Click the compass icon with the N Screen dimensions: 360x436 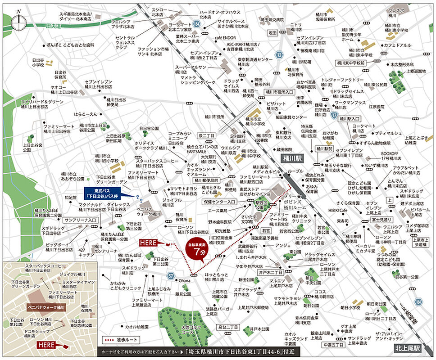point(19,21)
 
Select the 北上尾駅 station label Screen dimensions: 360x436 point(408,348)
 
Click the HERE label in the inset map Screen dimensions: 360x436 point(46,345)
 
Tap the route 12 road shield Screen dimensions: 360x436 point(279,55)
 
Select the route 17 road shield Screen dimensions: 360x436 point(334,116)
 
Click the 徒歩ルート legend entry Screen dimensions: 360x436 point(120,339)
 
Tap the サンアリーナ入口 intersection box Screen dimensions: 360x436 point(81,220)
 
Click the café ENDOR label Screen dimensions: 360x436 point(225,37)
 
